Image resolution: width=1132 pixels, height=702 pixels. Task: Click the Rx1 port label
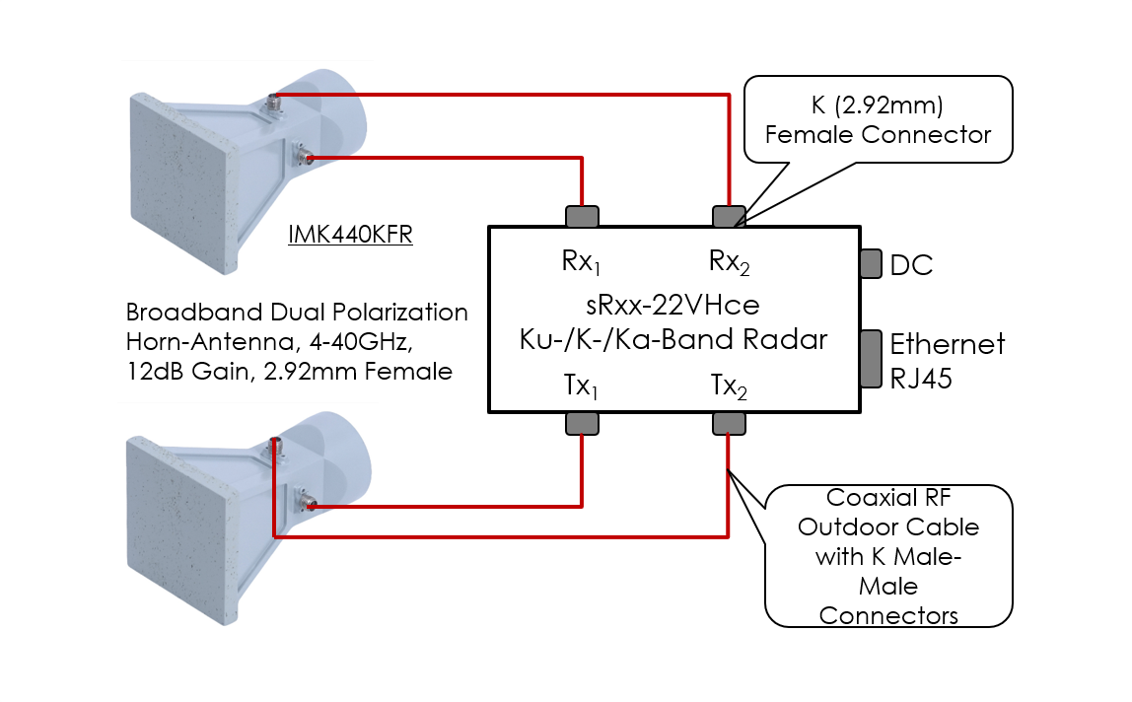tap(583, 262)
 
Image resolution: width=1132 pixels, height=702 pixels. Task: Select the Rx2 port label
tap(730, 262)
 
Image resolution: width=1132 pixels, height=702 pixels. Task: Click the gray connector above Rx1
tap(582, 216)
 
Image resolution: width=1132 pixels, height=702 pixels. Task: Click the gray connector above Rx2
tap(729, 216)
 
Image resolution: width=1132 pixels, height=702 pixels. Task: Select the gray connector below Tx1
tap(582, 423)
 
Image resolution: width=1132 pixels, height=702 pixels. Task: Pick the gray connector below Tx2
tap(729, 423)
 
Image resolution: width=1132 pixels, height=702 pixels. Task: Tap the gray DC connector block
tap(871, 263)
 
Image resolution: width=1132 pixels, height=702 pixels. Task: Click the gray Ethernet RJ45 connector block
tap(871, 358)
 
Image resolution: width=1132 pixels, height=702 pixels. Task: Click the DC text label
tap(911, 265)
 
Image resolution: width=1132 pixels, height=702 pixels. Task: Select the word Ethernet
tap(947, 344)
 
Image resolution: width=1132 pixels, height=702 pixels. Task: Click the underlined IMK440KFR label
tap(350, 235)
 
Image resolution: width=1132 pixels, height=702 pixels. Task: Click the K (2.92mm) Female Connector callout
tap(877, 119)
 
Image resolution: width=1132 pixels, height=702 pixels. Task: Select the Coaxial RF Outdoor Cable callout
tap(888, 555)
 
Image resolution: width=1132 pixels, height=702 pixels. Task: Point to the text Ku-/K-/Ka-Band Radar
tap(674, 339)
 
